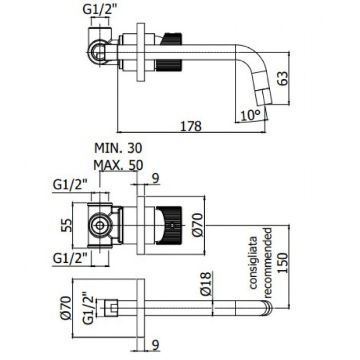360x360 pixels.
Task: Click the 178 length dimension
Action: pyautogui.click(x=191, y=126)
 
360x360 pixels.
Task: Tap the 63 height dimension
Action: pyautogui.click(x=283, y=78)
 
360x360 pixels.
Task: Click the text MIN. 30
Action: pyautogui.click(x=118, y=148)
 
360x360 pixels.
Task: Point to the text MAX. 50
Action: pyautogui.click(x=118, y=165)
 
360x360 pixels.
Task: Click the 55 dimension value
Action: pyautogui.click(x=67, y=225)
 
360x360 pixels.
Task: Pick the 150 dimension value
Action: pyautogui.click(x=283, y=263)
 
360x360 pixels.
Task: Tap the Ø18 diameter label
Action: pyautogui.click(x=205, y=283)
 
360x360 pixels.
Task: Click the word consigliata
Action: pyautogui.click(x=253, y=262)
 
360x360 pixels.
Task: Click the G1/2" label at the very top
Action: pyautogui.click(x=100, y=10)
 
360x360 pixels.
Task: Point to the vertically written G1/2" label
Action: pyautogui.click(x=88, y=308)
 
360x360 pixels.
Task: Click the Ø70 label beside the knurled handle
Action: pyautogui.click(x=198, y=225)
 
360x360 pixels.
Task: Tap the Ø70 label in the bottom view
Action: pyautogui.click(x=66, y=308)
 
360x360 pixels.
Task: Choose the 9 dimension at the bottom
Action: pyautogui.click(x=156, y=345)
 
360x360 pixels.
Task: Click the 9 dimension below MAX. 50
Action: pyautogui.click(x=156, y=178)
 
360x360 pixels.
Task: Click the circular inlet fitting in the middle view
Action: pyautogui.click(x=99, y=225)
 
